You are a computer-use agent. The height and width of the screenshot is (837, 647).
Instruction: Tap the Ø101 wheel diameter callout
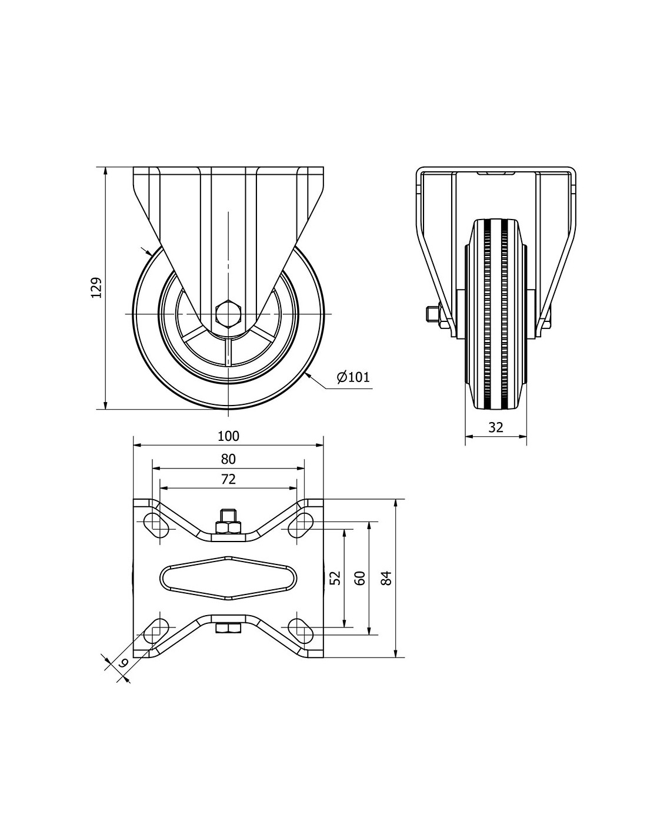pos(353,377)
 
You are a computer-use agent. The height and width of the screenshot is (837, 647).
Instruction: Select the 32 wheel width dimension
pos(496,427)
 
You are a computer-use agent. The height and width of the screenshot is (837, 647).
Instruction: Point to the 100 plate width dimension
pos(228,436)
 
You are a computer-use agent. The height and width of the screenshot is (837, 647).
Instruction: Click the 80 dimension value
pos(228,459)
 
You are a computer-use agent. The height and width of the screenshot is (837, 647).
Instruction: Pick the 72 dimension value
pos(228,479)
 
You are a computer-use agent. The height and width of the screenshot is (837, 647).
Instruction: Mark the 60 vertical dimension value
pos(361,578)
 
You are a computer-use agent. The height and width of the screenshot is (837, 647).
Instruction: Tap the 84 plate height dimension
pos(386,578)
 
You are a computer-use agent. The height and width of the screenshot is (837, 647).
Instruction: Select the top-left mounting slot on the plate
pos(155,523)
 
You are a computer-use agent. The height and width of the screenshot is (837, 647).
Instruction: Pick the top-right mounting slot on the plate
pos(303,523)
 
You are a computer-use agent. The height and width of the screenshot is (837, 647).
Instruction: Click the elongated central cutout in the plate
pos(228,577)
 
